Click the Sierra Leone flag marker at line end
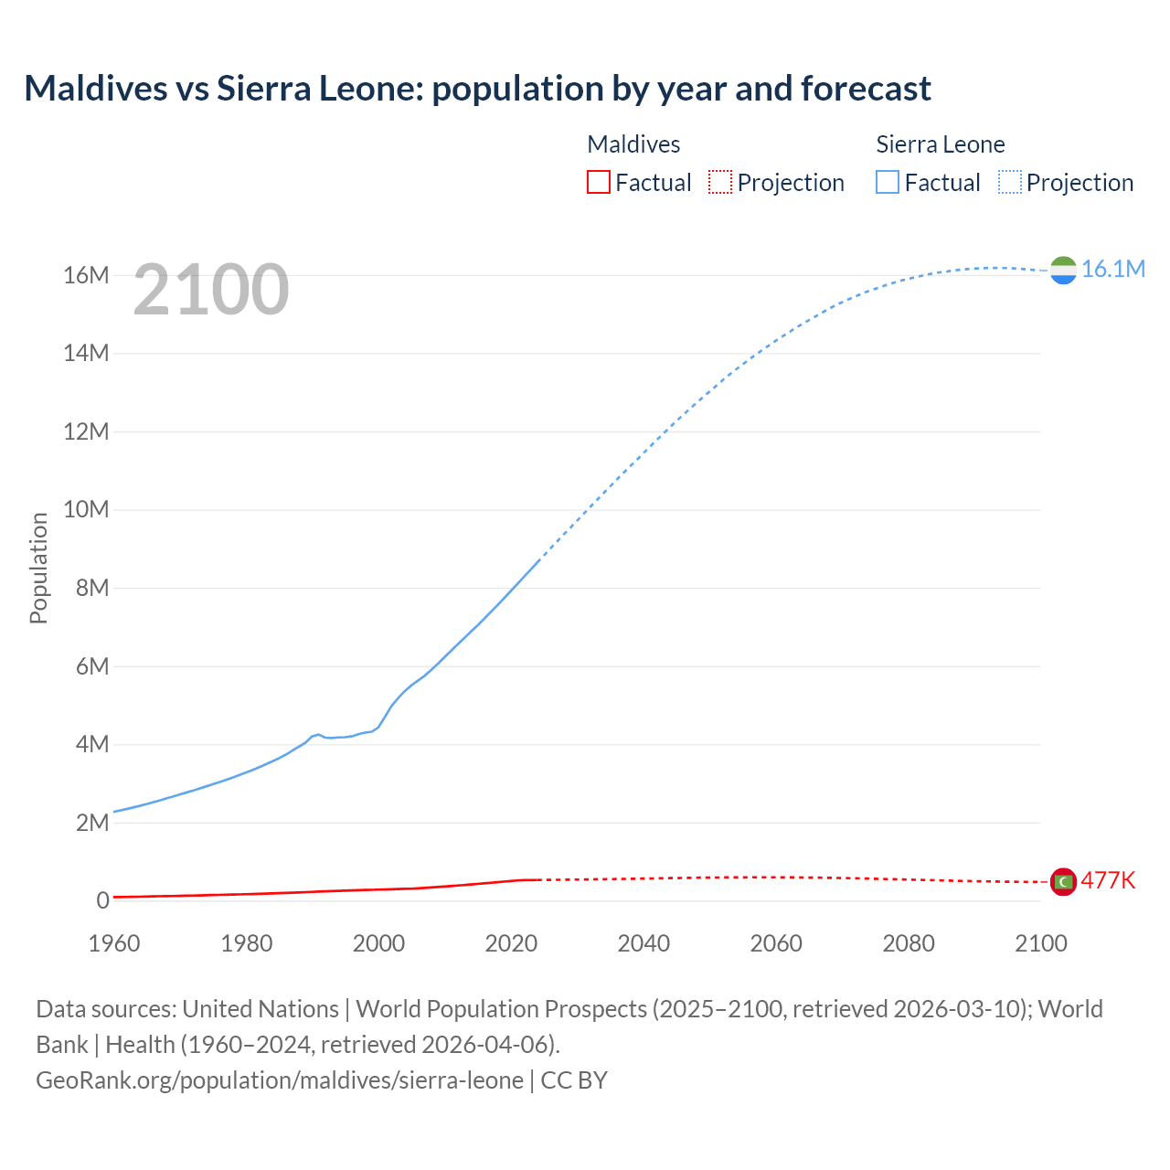[1063, 271]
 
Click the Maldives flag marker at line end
[1063, 881]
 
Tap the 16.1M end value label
[1112, 269]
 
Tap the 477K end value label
[1108, 880]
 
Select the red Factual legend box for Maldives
[598, 182]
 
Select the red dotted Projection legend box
[720, 182]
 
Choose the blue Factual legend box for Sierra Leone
[888, 182]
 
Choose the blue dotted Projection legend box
[1009, 182]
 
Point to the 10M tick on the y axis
[86, 509]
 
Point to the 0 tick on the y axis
[102, 900]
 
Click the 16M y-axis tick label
[86, 275]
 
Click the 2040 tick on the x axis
[643, 943]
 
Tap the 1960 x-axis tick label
[114, 943]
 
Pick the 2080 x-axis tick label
[908, 943]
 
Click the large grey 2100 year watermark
[211, 290]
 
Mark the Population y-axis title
[38, 568]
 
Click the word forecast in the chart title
[866, 89]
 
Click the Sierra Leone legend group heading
[940, 144]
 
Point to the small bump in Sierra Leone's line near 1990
[317, 734]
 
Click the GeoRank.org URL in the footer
[280, 1080]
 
